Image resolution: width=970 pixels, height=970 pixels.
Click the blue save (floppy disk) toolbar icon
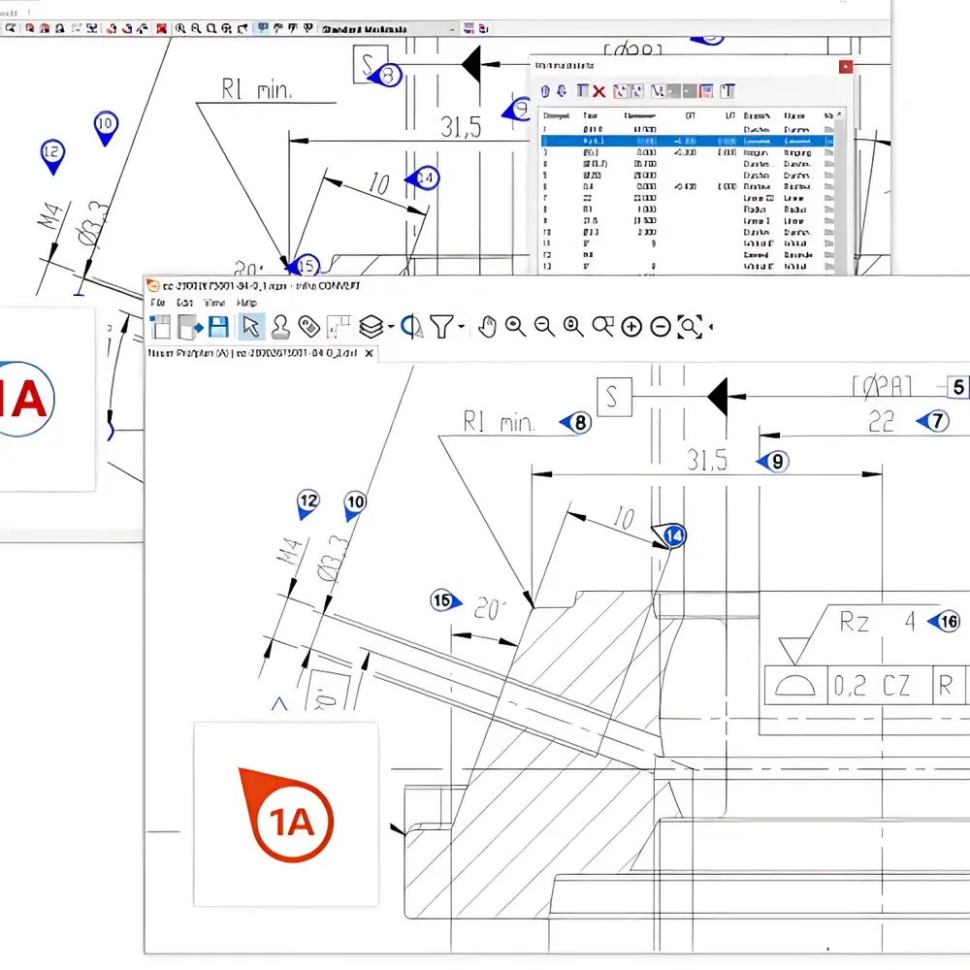[x=218, y=327]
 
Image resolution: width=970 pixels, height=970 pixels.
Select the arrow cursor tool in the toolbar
[x=250, y=327]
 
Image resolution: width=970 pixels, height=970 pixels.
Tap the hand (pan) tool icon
[x=487, y=327]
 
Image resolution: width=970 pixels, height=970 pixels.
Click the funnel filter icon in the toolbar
[x=442, y=327]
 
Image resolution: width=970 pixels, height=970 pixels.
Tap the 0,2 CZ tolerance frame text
[x=871, y=686]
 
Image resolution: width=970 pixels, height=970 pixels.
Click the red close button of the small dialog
[x=846, y=67]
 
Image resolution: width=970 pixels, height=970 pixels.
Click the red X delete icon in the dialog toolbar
[x=598, y=91]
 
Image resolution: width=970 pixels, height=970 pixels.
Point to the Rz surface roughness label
[x=854, y=623]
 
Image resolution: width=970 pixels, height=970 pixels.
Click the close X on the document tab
[x=369, y=354]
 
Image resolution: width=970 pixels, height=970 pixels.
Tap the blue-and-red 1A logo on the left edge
[x=27, y=398]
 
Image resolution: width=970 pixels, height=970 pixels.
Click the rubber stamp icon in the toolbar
[x=280, y=327]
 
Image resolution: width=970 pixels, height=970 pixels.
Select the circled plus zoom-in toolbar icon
[x=631, y=327]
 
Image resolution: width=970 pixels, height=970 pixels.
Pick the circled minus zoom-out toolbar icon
[x=661, y=327]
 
